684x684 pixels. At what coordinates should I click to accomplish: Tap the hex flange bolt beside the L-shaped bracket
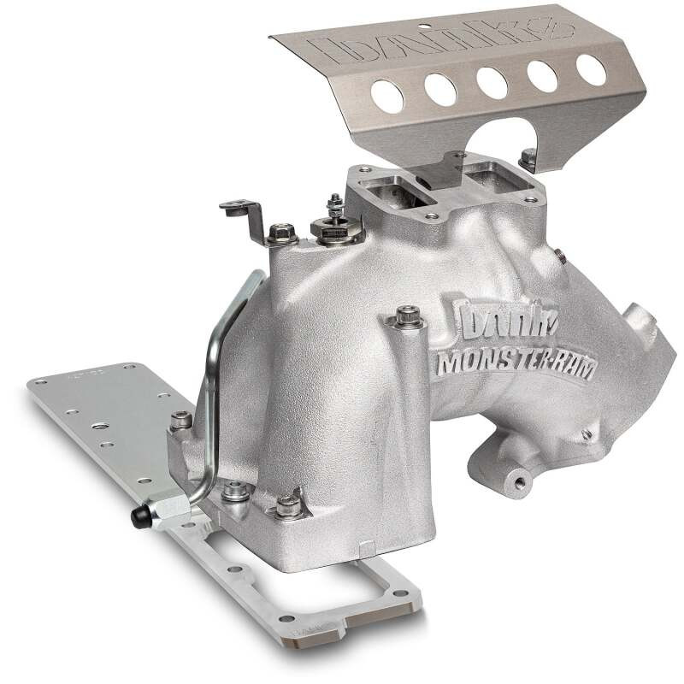tap(280, 232)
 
